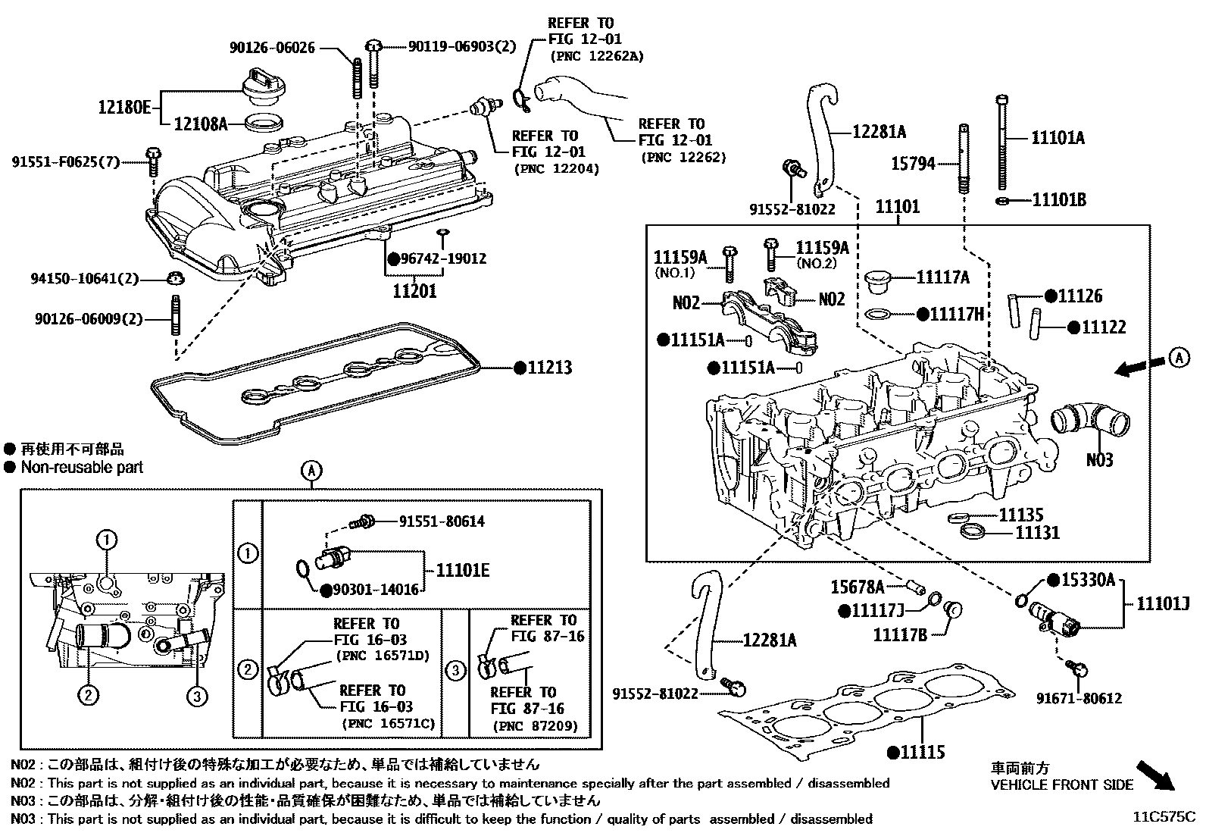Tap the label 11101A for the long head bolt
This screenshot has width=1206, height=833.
coord(1058,137)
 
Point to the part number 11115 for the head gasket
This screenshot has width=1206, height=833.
coord(922,752)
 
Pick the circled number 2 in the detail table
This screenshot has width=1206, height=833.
coord(247,669)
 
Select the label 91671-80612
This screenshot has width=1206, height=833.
coord(1079,698)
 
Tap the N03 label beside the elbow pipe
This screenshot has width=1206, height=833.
coord(1099,459)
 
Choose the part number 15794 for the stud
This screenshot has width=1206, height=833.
coord(912,163)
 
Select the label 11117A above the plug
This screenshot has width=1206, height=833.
coord(942,277)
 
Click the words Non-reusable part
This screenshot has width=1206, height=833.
coord(82,468)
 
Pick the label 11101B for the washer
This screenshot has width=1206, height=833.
coord(1059,199)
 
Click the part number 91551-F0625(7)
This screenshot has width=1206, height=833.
coord(66,161)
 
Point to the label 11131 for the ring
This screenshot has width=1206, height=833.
coord(1037,533)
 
